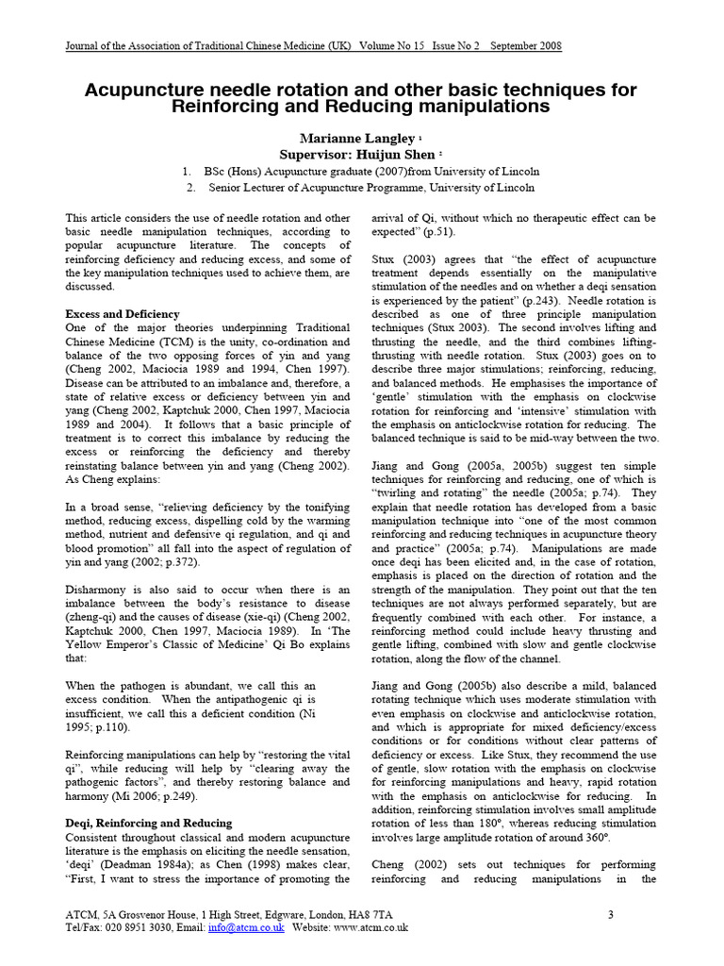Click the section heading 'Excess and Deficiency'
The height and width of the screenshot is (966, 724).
(122, 314)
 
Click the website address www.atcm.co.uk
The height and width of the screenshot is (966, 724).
(370, 928)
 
